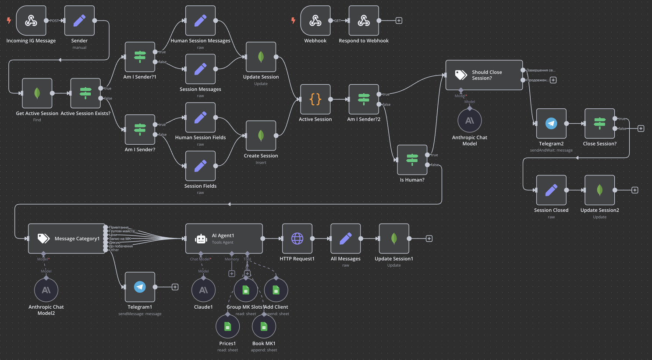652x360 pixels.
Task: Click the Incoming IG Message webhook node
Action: (31, 21)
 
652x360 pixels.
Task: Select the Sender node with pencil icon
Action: (79, 21)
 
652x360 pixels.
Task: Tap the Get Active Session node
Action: (37, 93)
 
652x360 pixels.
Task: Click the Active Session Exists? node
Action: (85, 93)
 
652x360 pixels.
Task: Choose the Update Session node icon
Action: (261, 57)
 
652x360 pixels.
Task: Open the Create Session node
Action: (261, 135)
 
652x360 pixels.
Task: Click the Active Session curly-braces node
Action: (315, 100)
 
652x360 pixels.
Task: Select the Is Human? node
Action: (412, 160)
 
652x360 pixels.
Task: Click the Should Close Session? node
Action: (484, 75)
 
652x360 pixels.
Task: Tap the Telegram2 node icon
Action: (551, 124)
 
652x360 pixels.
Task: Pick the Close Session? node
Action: (599, 124)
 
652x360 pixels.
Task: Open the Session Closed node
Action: (551, 190)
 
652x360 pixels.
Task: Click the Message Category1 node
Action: (67, 239)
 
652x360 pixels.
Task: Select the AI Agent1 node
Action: (224, 239)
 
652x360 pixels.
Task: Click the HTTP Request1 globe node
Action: (297, 239)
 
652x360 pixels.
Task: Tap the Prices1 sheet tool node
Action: (227, 327)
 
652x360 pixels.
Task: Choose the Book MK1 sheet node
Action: (264, 327)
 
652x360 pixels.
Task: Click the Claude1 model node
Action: (203, 290)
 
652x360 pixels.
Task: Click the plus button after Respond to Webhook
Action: (399, 21)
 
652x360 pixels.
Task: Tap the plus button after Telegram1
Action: (175, 287)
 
